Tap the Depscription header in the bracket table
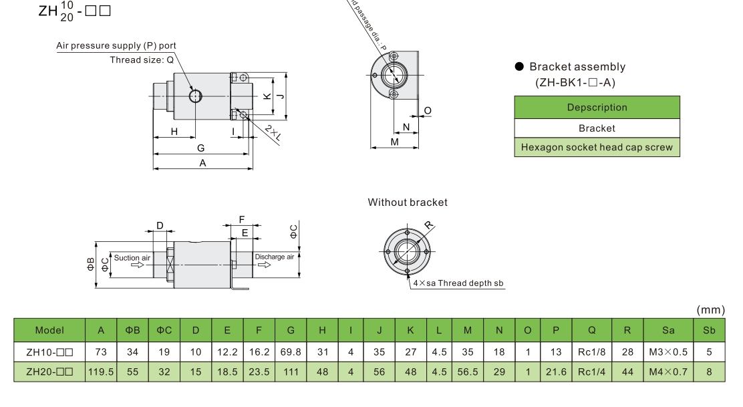point(597,107)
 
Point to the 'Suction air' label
point(132,257)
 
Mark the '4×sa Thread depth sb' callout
point(458,283)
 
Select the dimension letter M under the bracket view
point(394,142)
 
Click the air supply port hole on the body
point(195,96)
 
